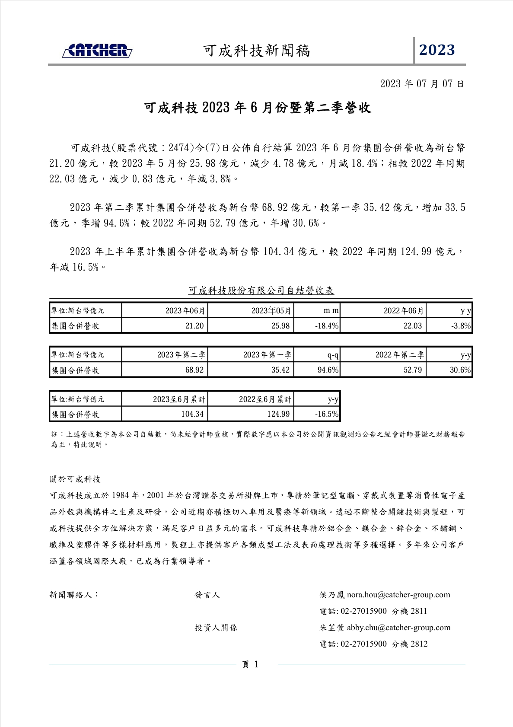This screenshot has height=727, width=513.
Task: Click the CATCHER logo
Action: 97,51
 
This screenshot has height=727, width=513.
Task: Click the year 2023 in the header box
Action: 437,50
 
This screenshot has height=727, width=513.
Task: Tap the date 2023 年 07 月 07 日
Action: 422,84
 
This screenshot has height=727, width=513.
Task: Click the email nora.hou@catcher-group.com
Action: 398,595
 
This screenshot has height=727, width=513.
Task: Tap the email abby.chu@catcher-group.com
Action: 398,628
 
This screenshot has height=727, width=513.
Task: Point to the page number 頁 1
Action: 250,665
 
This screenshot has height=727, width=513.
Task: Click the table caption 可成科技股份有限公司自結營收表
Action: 261,291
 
